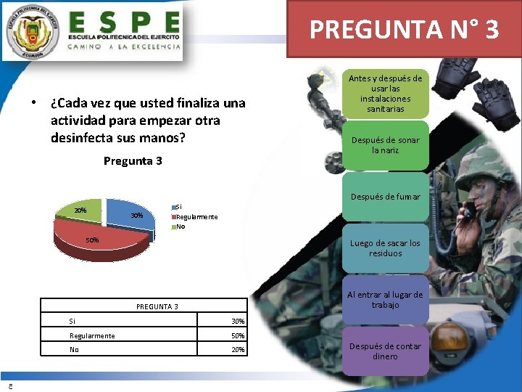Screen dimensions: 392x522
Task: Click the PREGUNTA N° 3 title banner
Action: tap(404, 29)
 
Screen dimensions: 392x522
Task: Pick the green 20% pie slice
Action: tap(79, 211)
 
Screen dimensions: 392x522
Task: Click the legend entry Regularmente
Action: tap(196, 217)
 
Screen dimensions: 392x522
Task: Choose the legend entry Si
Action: tap(179, 206)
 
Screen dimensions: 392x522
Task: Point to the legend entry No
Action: tap(181, 226)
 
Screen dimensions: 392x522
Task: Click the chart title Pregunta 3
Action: tap(133, 160)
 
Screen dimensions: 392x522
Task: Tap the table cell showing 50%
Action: tap(238, 336)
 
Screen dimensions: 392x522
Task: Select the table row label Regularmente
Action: tap(92, 336)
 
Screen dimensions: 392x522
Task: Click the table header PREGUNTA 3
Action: tap(157, 307)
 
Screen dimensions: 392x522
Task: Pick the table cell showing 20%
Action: tap(238, 350)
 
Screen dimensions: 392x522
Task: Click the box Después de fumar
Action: tap(386, 197)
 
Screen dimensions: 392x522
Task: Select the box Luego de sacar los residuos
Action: tap(385, 248)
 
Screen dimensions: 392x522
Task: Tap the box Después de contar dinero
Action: tap(385, 351)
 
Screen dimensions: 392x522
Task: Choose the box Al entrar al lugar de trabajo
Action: tap(385, 300)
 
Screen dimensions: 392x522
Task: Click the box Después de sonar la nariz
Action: tap(385, 145)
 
